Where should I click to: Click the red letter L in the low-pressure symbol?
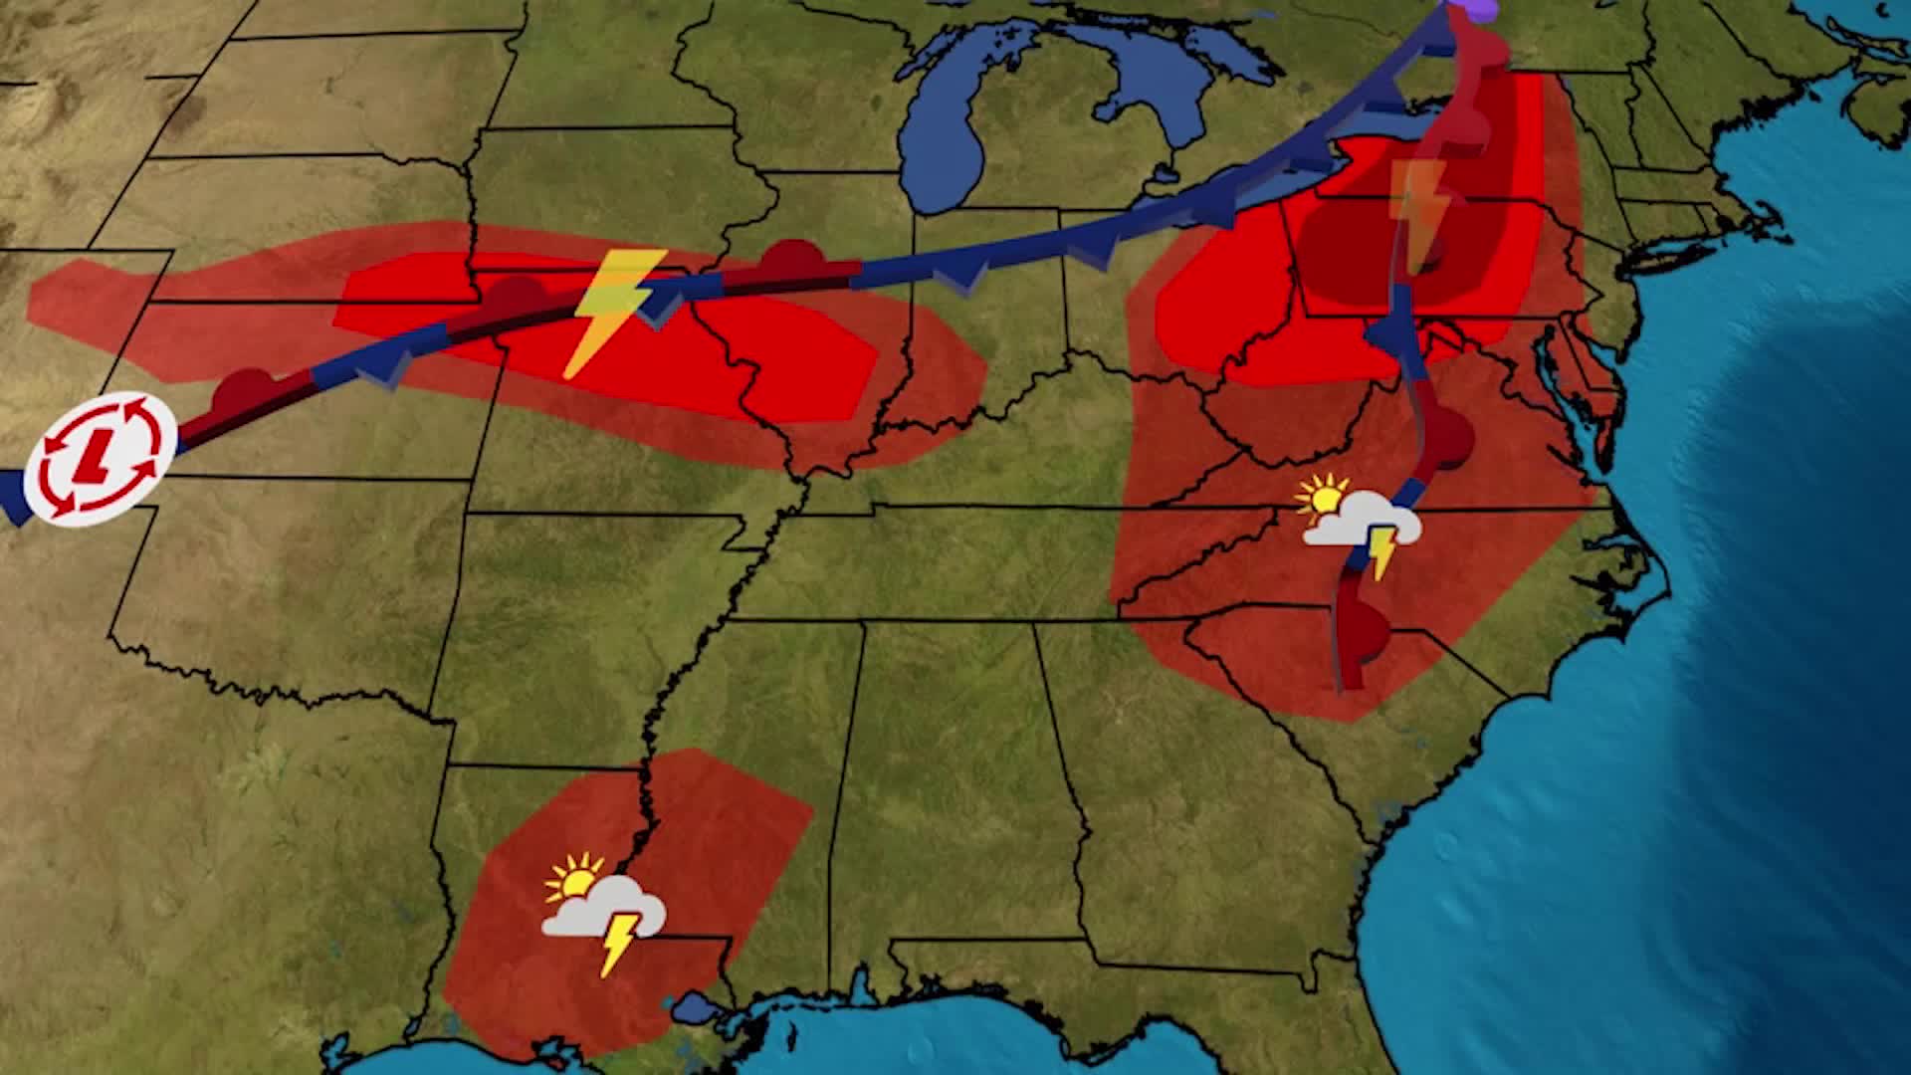(x=99, y=456)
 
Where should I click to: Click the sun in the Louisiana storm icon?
(x=574, y=879)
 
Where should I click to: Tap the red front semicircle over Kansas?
(x=244, y=390)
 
